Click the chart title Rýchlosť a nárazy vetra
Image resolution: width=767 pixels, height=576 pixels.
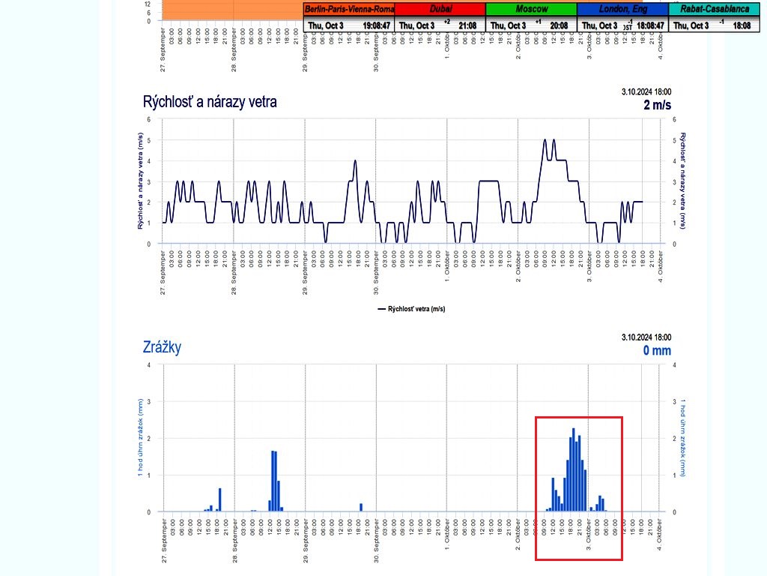[209, 102]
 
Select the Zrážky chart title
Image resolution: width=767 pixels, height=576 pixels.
[162, 347]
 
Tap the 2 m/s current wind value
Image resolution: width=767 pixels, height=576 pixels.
[656, 105]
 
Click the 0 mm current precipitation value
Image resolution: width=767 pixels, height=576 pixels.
[656, 350]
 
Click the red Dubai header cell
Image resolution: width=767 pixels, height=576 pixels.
[440, 9]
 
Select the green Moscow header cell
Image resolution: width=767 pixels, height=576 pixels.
[531, 9]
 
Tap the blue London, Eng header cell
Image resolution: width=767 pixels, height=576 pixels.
[622, 9]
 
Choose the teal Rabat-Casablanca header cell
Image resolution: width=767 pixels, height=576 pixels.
[715, 9]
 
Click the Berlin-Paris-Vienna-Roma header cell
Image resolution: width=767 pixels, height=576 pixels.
[349, 9]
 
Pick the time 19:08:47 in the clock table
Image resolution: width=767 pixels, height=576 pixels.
[376, 25]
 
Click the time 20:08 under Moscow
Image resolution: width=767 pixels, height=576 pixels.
[559, 25]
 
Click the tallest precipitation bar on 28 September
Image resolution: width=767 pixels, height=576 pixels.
[273, 481]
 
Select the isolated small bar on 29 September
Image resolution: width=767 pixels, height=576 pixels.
[361, 507]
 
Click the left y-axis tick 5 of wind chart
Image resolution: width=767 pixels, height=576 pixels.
[148, 140]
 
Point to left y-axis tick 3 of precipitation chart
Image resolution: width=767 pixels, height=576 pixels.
[148, 401]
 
